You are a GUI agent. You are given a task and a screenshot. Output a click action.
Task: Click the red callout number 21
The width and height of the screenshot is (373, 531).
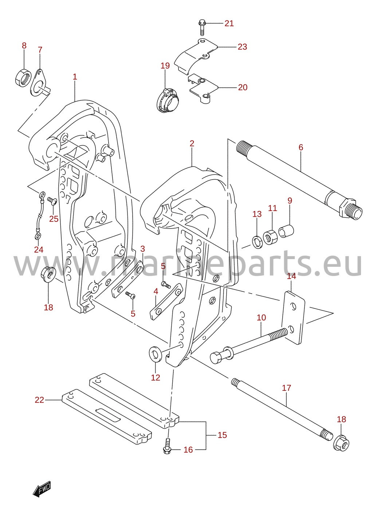point(229,23)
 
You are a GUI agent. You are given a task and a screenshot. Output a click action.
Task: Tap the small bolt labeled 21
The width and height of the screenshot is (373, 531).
point(202,28)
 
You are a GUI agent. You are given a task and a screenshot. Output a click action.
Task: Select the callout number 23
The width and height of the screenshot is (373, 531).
point(242,47)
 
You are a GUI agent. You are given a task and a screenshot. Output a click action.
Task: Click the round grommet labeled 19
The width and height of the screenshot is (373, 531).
point(168,100)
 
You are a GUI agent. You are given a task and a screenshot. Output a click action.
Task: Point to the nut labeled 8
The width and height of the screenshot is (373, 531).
point(23,77)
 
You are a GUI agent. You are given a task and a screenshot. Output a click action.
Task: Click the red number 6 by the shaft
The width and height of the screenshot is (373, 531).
point(301,147)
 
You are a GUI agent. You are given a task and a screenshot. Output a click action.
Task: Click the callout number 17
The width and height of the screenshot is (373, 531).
point(286,388)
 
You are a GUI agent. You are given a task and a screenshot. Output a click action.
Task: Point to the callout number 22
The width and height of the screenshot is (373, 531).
point(39,400)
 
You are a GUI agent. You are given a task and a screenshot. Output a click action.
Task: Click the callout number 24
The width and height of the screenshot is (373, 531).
point(39,250)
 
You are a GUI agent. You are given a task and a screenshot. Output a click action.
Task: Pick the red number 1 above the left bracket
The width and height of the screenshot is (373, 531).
point(75,77)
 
